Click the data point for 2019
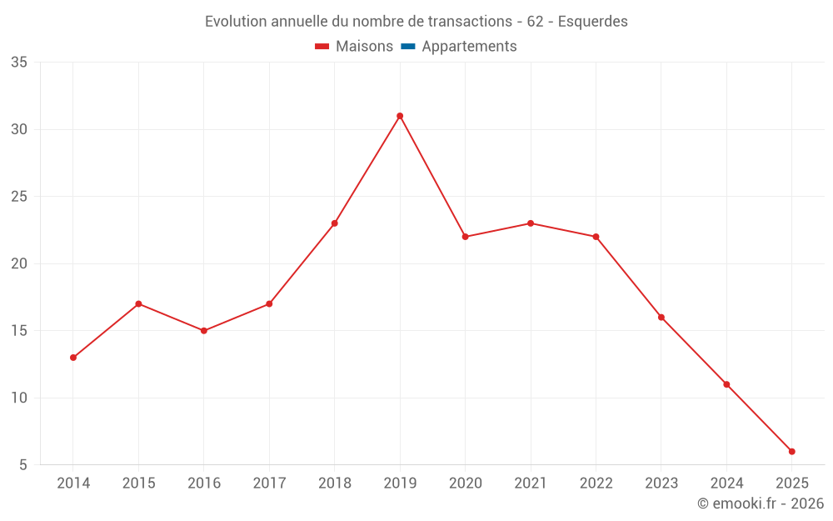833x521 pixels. (x=400, y=116)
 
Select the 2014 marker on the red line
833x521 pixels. (x=73, y=358)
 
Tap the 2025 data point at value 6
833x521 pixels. (x=791, y=452)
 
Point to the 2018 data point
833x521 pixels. (x=335, y=223)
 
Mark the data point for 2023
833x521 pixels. (x=661, y=318)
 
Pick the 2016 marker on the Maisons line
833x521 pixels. (x=204, y=331)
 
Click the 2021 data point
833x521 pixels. (x=531, y=223)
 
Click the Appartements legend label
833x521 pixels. (x=469, y=47)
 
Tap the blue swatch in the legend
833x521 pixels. (x=407, y=47)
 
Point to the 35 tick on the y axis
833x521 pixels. (x=19, y=63)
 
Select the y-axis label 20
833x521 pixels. (x=19, y=264)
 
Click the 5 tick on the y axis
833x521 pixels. (x=23, y=465)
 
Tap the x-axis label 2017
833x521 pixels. (x=269, y=483)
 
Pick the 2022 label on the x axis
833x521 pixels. (x=596, y=483)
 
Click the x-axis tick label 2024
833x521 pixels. (x=726, y=483)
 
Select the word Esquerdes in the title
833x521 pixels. (x=592, y=21)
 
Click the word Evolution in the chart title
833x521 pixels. (x=236, y=21)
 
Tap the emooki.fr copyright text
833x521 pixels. (x=761, y=503)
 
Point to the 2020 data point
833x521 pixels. (x=466, y=237)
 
